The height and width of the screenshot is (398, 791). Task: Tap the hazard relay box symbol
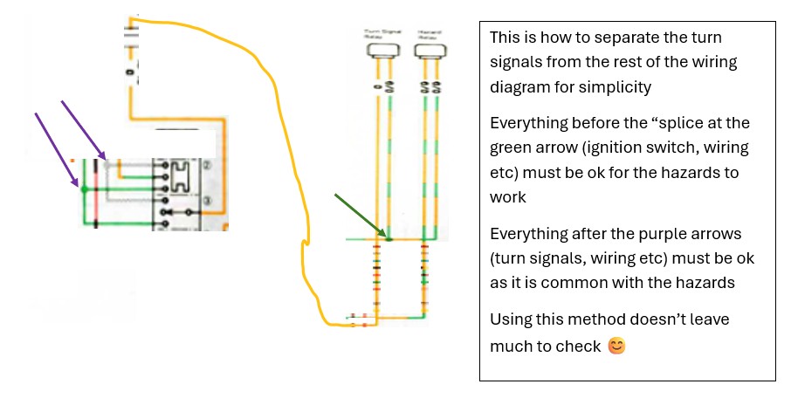click(x=427, y=53)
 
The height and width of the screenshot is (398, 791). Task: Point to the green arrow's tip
click(x=388, y=237)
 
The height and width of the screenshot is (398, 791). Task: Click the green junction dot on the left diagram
click(x=83, y=188)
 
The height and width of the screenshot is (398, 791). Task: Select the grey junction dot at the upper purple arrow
click(x=107, y=163)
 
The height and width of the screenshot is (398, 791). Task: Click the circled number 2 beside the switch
click(x=206, y=164)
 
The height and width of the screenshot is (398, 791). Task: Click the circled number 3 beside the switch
click(x=206, y=201)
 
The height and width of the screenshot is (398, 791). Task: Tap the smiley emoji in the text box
click(x=616, y=347)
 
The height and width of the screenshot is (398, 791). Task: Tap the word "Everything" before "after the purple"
click(x=528, y=236)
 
